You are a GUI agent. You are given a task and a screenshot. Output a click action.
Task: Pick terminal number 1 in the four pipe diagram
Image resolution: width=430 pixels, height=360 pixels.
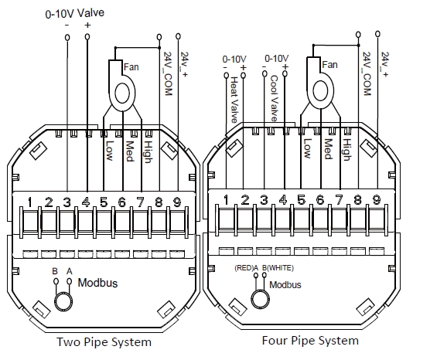(x=227, y=201)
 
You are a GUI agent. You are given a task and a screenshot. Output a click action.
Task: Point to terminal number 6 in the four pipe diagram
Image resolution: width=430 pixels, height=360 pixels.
(x=320, y=201)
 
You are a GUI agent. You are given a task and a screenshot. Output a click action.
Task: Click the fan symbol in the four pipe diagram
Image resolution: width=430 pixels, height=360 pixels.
(x=319, y=90)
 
